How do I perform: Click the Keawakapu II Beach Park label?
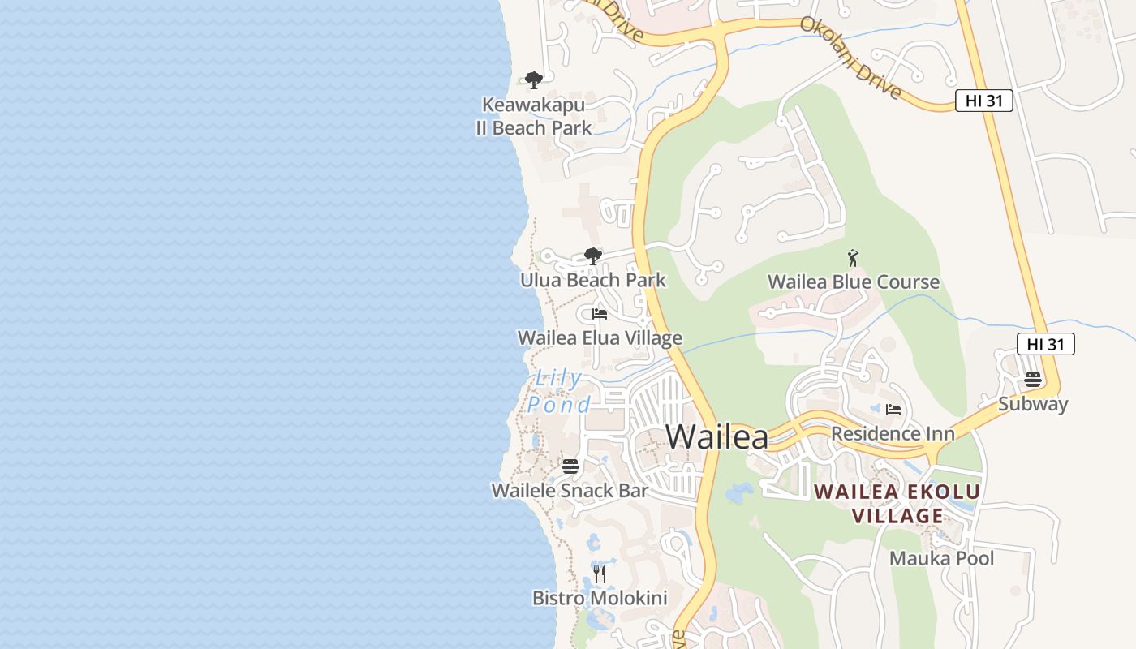pyautogui.click(x=533, y=116)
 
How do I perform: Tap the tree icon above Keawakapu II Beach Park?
pyautogui.click(x=533, y=80)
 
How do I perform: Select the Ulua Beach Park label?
pyautogui.click(x=592, y=280)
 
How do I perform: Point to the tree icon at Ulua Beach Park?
pyautogui.click(x=593, y=256)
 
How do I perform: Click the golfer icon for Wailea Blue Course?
pyautogui.click(x=852, y=259)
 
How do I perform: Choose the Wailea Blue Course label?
pyautogui.click(x=854, y=282)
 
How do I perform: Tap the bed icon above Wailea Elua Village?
pyautogui.click(x=600, y=314)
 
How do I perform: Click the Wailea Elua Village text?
pyautogui.click(x=600, y=337)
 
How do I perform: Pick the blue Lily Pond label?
pyautogui.click(x=559, y=391)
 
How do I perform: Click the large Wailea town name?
pyautogui.click(x=716, y=436)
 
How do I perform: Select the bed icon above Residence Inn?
pyautogui.click(x=893, y=410)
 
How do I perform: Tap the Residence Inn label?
pyautogui.click(x=893, y=433)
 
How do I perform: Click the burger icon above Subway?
pyautogui.click(x=1032, y=380)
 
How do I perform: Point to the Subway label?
pyautogui.click(x=1033, y=404)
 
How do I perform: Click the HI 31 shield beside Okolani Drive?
pyautogui.click(x=983, y=101)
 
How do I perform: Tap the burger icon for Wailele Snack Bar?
pyautogui.click(x=570, y=466)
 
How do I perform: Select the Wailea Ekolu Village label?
pyautogui.click(x=897, y=503)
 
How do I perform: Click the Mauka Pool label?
pyautogui.click(x=941, y=558)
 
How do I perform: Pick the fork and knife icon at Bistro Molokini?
pyautogui.click(x=600, y=574)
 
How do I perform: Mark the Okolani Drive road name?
pyautogui.click(x=850, y=57)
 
